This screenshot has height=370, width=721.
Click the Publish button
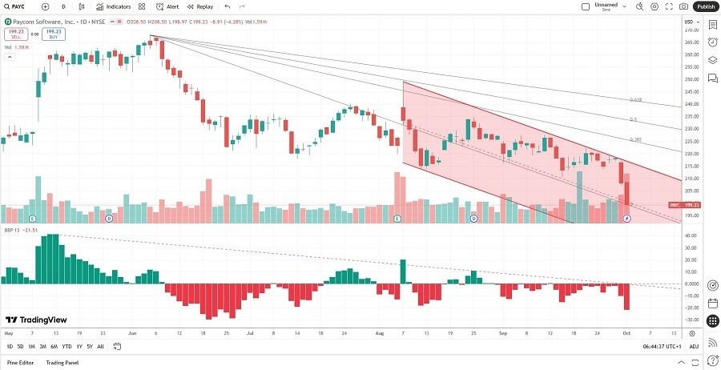click(x=705, y=6)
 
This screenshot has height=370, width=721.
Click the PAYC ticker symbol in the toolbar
click(x=18, y=6)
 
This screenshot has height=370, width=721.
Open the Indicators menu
click(x=113, y=6)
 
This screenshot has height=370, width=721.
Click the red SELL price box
click(x=15, y=34)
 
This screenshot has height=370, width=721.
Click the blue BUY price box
click(x=54, y=34)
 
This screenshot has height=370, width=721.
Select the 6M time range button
click(x=54, y=347)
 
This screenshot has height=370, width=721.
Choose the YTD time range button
click(x=66, y=347)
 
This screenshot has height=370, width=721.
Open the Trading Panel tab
click(x=62, y=363)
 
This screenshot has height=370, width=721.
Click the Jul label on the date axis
click(x=250, y=332)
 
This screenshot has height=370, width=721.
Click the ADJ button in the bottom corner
click(x=694, y=347)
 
